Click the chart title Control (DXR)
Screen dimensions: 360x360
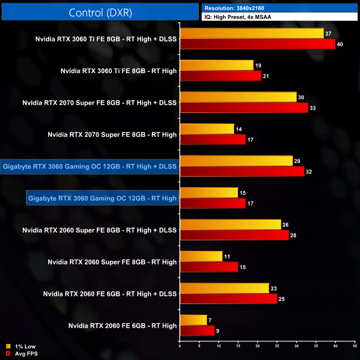[x=100, y=12]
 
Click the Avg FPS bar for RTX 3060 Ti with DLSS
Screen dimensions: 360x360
[x=258, y=44]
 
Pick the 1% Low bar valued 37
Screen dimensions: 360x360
[x=251, y=34]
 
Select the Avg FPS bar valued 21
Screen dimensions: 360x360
[x=220, y=76]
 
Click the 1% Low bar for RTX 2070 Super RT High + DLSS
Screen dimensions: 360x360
[x=238, y=97]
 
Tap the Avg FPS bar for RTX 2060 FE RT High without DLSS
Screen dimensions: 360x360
[x=197, y=331]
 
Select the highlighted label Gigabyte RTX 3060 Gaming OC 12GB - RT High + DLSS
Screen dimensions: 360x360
[x=90, y=166]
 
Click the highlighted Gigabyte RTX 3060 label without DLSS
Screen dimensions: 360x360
[x=102, y=198]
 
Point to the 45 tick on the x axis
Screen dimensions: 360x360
[x=354, y=347]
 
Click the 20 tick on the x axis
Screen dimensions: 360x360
[x=258, y=347]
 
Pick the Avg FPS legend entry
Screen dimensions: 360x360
[x=23, y=353]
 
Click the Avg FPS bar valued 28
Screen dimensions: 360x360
[x=234, y=235]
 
